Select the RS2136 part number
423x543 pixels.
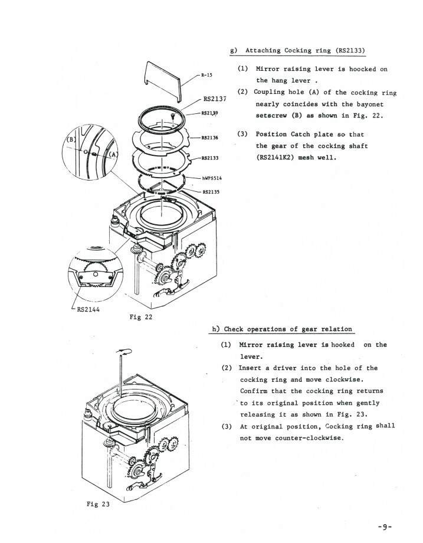tap(210, 138)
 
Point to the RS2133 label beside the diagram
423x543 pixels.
tap(210, 158)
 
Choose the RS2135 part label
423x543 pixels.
tap(211, 191)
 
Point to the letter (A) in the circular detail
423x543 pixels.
tap(115, 155)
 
